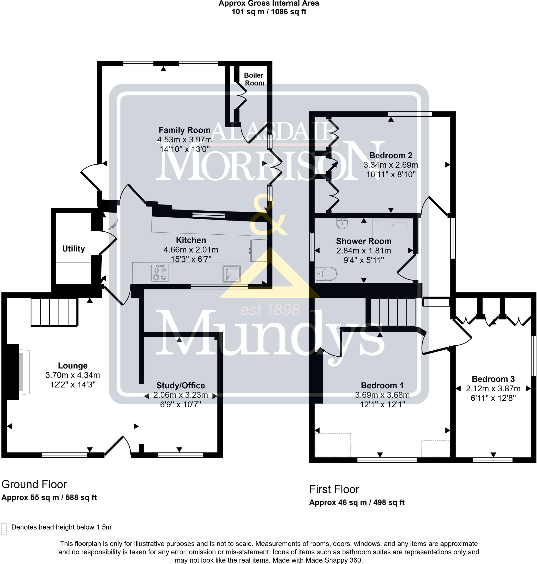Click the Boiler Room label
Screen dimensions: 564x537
click(254, 79)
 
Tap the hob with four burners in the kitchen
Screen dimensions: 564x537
click(160, 273)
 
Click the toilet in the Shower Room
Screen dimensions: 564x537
click(326, 274)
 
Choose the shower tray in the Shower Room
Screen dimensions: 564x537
click(392, 232)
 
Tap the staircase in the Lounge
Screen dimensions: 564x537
click(54, 312)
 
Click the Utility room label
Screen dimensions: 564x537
click(74, 249)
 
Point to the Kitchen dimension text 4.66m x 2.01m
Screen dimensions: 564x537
click(191, 250)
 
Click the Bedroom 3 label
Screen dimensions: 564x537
click(493, 379)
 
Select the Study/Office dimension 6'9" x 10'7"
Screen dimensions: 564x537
click(181, 405)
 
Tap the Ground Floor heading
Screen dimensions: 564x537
click(34, 484)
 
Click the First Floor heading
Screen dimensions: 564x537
click(334, 489)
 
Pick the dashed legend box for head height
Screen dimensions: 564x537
click(4, 529)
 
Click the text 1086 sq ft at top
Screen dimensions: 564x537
click(288, 12)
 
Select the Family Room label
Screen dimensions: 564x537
click(184, 130)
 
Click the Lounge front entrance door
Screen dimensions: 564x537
click(118, 445)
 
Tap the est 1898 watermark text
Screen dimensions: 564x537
click(270, 310)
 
